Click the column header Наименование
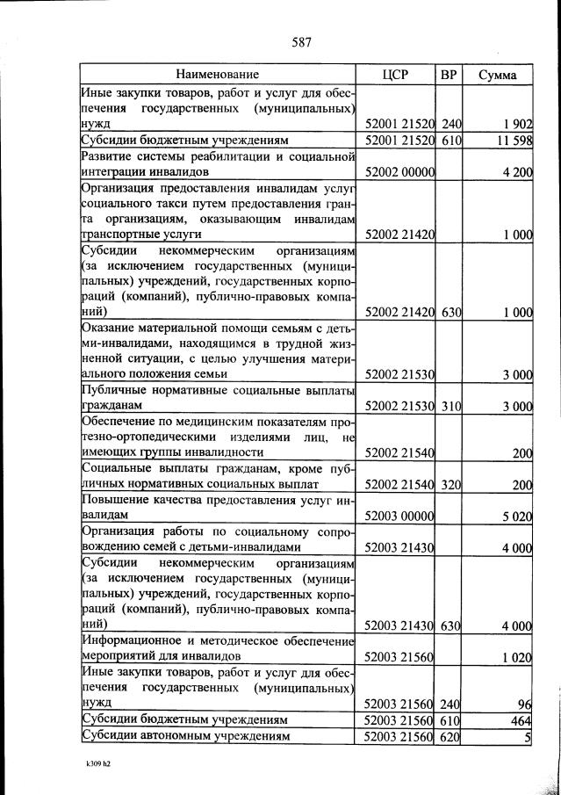pos(217,75)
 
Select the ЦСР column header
pos(396,75)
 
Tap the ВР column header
pos(449,75)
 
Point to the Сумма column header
pos(497,75)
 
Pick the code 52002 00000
pos(400,172)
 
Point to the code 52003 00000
pos(400,517)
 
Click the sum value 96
pos(525,704)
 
